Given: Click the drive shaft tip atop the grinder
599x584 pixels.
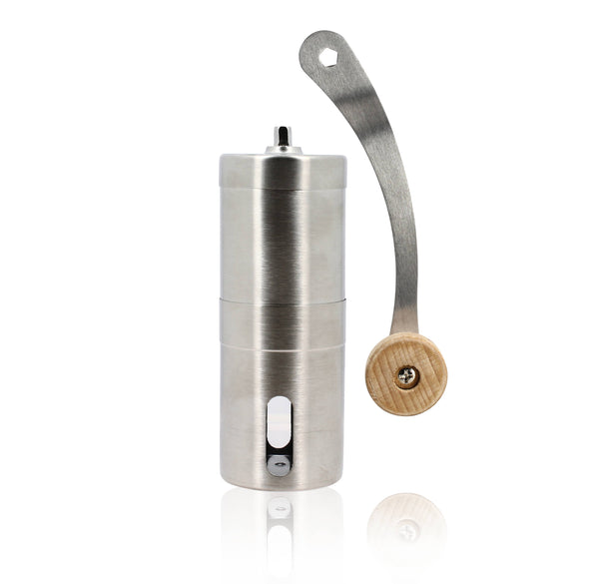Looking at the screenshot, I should [x=283, y=133].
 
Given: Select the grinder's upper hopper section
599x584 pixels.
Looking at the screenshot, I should [x=283, y=245].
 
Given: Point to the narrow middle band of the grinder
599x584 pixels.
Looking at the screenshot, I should [x=283, y=321].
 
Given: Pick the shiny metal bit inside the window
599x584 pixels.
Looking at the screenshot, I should [x=280, y=461].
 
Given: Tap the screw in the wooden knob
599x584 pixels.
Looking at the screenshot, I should [x=407, y=376].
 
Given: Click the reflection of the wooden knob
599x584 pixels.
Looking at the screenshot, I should [x=406, y=524].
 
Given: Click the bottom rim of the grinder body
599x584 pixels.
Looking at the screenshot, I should [x=283, y=485].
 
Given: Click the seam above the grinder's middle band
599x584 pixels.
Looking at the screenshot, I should [x=283, y=299].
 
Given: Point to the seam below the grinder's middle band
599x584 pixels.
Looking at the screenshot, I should [x=283, y=344].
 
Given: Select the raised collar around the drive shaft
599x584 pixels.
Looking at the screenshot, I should [x=283, y=150].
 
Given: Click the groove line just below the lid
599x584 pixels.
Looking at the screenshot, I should [x=283, y=189].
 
